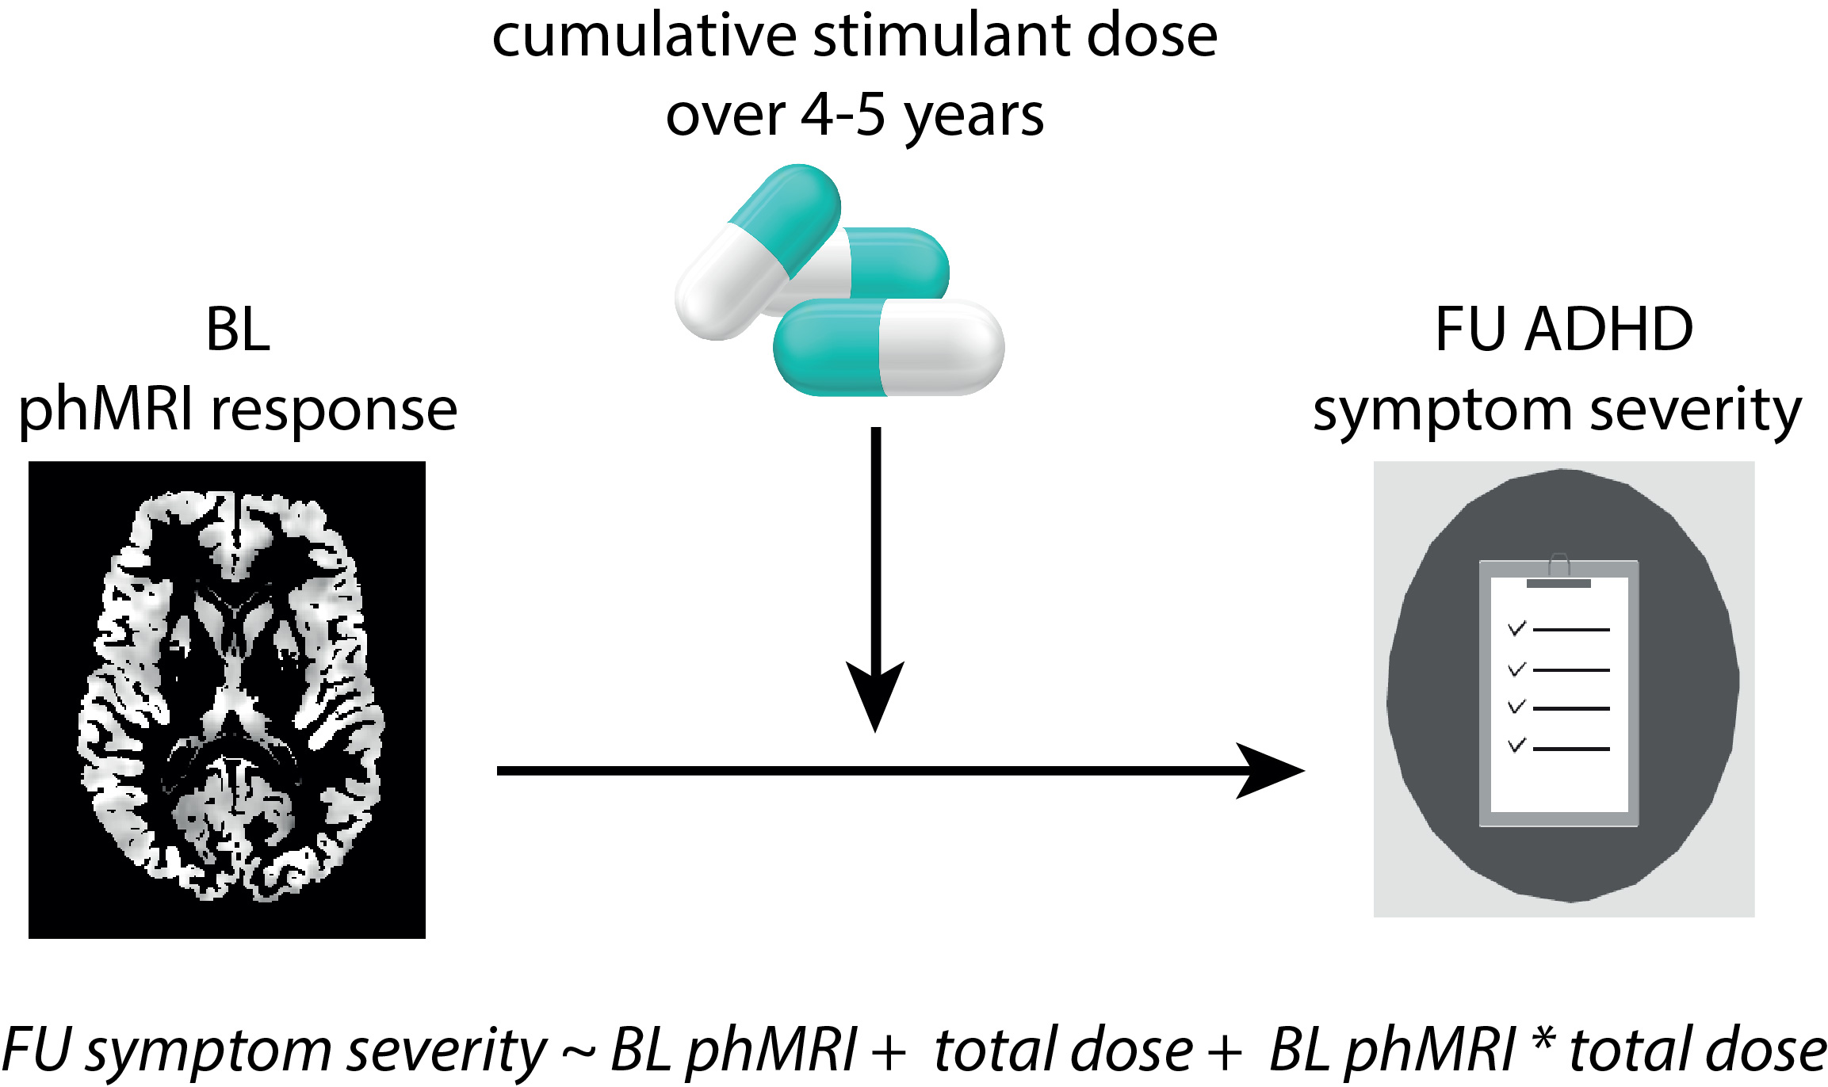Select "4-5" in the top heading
843,116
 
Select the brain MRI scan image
228,700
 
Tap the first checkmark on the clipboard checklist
1517,629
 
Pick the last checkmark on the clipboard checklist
1517,746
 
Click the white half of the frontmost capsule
940,348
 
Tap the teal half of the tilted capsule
785,212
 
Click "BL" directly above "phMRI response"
238,330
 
